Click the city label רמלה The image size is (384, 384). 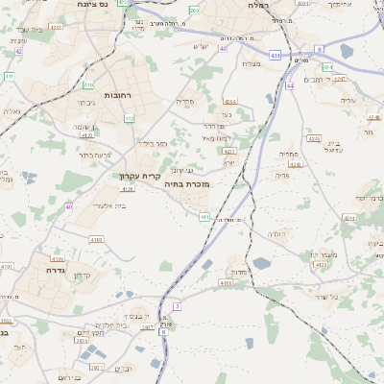click(258, 6)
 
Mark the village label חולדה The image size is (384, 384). click(276, 235)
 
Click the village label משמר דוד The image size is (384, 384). click(321, 254)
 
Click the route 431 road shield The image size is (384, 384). click(276, 55)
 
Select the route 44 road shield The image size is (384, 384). click(290, 85)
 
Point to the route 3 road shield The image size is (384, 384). click(177, 305)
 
